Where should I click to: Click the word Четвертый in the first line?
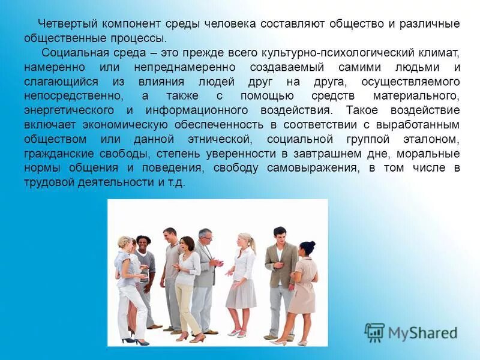(x=67, y=24)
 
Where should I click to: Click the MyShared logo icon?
(x=374, y=332)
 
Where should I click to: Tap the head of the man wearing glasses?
(x=205, y=235)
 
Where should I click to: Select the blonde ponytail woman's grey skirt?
(x=242, y=293)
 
